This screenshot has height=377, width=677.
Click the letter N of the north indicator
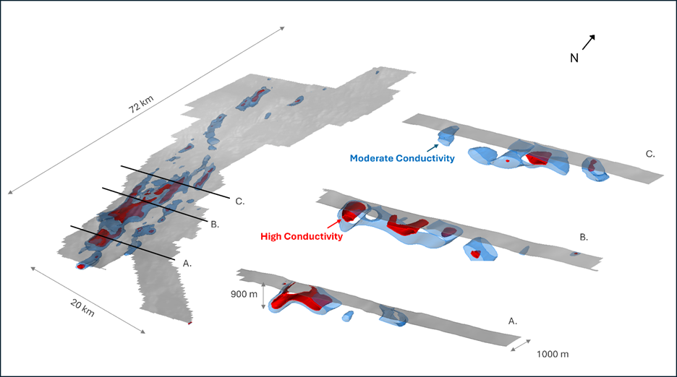coord(574,58)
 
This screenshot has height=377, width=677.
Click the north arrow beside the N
coord(588,43)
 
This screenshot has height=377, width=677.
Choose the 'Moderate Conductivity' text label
coord(402,158)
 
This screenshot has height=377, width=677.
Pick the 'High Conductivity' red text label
coord(301,235)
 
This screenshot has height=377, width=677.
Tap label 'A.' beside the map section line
coord(187,264)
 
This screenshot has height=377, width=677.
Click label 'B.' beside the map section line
coord(214,224)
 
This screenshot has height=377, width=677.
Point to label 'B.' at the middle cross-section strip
coord(584,236)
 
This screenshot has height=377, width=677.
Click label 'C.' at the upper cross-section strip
coord(650,154)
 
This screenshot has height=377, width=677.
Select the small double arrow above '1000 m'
coord(521,345)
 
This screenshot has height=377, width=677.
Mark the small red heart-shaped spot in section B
coord(475,254)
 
